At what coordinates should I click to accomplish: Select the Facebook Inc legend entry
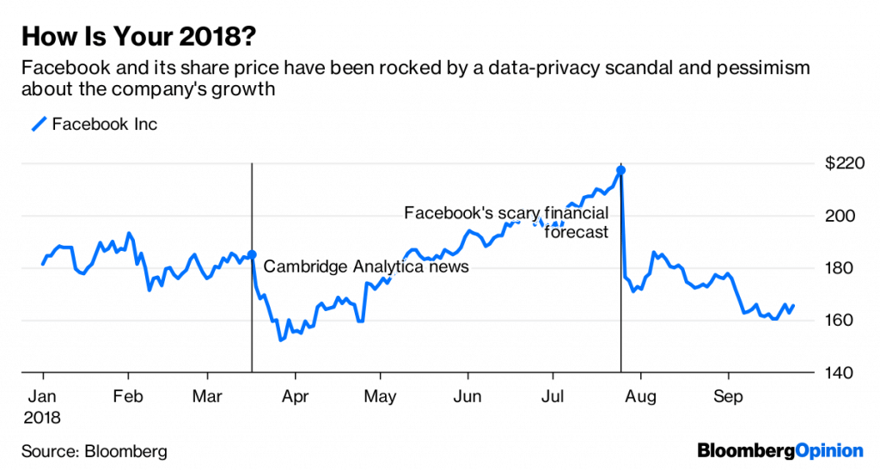point(95,124)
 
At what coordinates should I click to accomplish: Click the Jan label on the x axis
point(43,397)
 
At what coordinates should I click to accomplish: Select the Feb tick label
point(128,397)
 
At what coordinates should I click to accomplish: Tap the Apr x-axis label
point(295,397)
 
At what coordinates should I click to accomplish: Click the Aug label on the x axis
point(640,397)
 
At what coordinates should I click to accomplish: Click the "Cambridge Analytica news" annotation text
point(366,266)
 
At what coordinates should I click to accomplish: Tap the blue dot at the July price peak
point(620,170)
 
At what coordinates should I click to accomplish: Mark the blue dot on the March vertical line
point(252,254)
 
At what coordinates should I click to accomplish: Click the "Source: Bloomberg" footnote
point(95,450)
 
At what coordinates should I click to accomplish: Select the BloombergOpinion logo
point(779,450)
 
